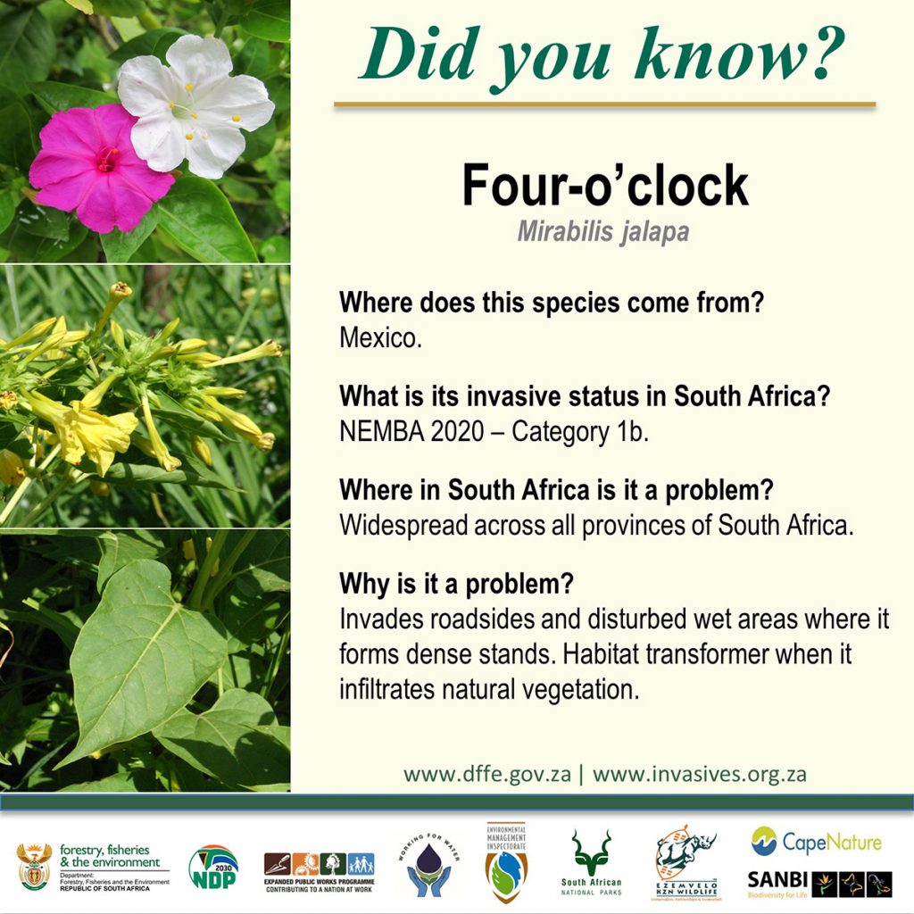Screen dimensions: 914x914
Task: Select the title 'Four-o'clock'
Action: [604, 187]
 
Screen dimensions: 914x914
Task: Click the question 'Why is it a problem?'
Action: [456, 586]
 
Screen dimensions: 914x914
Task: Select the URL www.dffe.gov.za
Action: [486, 773]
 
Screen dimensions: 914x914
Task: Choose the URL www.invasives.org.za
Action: [700, 773]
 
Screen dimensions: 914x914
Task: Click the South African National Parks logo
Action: [591, 862]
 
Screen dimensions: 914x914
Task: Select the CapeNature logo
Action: [816, 841]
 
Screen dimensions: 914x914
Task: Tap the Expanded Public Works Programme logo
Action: [319, 868]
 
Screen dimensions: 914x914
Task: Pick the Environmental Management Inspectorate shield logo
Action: [506, 862]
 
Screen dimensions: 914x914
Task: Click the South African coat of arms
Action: [34, 867]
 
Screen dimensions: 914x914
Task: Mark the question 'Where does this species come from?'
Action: [552, 303]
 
